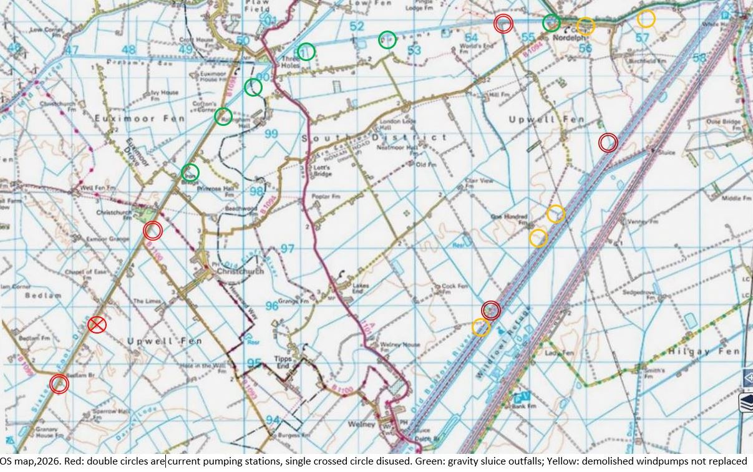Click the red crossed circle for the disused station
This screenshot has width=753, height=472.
point(97,324)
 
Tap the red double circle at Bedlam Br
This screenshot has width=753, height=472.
point(59,383)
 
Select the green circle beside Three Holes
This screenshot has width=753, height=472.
point(306,52)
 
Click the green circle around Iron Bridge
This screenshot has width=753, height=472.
point(190,173)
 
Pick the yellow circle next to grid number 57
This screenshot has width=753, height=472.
point(646,19)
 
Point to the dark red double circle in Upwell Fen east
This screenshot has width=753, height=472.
point(608,143)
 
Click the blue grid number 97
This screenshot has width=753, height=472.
point(287,249)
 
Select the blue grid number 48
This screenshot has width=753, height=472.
point(129,51)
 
